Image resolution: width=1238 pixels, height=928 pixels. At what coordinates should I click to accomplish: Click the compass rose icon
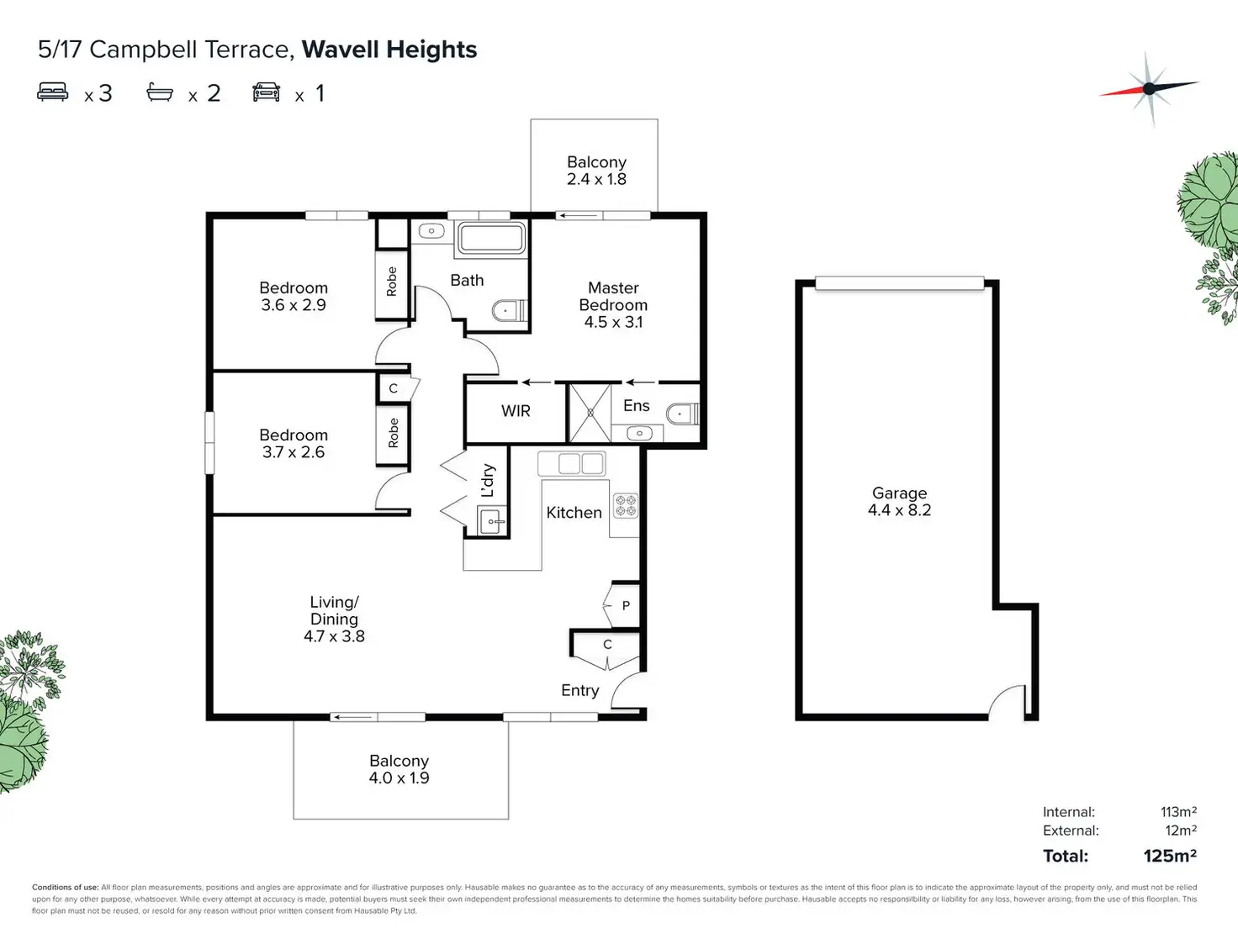pos(1149,88)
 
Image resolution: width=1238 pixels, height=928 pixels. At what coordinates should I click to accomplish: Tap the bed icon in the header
pos(53,92)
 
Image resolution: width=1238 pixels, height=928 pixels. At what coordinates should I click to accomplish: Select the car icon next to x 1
pos(267,92)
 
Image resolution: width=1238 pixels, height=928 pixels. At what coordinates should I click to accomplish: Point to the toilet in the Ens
pos(682,414)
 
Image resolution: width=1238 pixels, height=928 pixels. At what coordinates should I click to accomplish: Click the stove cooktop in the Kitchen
pos(625,505)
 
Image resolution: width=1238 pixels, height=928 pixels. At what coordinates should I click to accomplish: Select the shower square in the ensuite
pos(590,413)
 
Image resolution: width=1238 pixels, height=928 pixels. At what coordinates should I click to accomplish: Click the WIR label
pos(516,411)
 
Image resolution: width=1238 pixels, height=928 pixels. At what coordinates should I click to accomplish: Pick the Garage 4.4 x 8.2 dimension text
pos(899,510)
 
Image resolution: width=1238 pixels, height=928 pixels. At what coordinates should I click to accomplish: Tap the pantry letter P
pos(626,605)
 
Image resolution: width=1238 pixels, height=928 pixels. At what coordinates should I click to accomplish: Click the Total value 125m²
pos(1169,856)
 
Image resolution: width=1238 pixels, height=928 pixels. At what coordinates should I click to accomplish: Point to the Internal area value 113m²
pos(1178,812)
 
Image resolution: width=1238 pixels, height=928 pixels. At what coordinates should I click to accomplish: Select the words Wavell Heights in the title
pos(389,50)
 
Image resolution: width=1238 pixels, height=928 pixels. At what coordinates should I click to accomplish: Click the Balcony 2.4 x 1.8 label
pos(596,171)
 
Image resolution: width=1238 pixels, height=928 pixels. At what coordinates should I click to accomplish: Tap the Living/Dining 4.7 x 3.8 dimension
pos(334,636)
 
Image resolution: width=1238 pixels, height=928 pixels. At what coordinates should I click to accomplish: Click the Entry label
pos(580,690)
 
